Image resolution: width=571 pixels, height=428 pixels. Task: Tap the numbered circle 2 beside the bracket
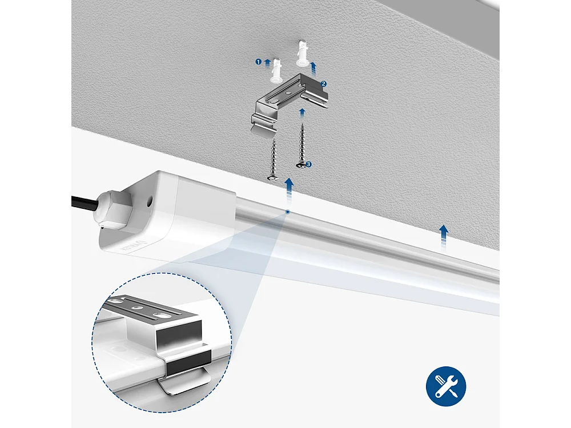pyautogui.click(x=324, y=83)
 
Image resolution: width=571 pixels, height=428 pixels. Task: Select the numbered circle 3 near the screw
pyautogui.click(x=309, y=164)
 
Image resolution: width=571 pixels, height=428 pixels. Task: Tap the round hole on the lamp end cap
pyautogui.click(x=150, y=201)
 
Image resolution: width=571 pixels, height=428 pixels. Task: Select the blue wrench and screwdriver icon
pyautogui.click(x=446, y=386)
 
